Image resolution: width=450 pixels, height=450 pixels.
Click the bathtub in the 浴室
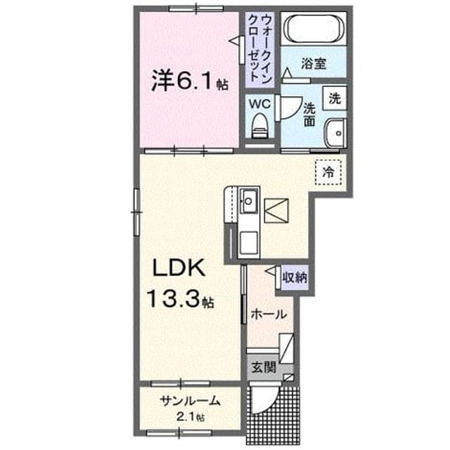pyautogui.click(x=314, y=28)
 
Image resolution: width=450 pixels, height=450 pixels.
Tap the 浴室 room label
pyautogui.click(x=314, y=63)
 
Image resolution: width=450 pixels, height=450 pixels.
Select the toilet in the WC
pyautogui.click(x=259, y=126)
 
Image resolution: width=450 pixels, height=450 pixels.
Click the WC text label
pyautogui.click(x=259, y=104)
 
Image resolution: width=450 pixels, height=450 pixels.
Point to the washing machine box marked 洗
pyautogui.click(x=335, y=98)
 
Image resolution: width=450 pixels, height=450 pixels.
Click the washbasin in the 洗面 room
pyautogui.click(x=335, y=133)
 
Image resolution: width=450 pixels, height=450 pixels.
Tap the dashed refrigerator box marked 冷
pyautogui.click(x=328, y=172)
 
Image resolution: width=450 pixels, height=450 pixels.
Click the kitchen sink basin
pyautogui.click(x=248, y=201)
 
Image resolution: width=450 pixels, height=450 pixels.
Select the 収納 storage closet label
pyautogui.click(x=295, y=278)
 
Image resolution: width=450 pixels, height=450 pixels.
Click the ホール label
pyautogui.click(x=269, y=314)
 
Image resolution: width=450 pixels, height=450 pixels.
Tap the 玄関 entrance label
pyautogui.click(x=264, y=367)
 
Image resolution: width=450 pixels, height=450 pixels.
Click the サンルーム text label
pyautogui.click(x=191, y=401)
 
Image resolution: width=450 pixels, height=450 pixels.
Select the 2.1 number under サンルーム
pyautogui.click(x=186, y=416)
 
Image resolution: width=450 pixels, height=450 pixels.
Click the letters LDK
pyautogui.click(x=179, y=267)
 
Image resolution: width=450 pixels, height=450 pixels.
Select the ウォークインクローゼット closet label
pyautogui.click(x=259, y=49)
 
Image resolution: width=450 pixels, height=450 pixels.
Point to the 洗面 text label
pyautogui.click(x=309, y=115)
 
